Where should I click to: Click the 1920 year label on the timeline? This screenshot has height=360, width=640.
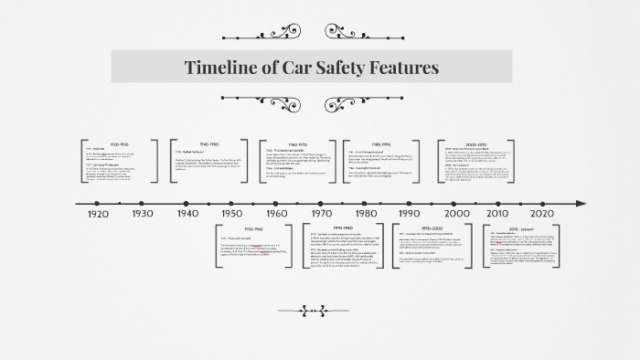(x=99, y=213)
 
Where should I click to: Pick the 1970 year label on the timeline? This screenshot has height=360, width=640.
(x=321, y=213)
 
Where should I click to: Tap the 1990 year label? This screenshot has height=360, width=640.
(x=409, y=213)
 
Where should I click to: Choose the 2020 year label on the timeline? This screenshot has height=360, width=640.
(x=542, y=213)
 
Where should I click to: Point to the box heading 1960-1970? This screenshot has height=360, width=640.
(x=298, y=144)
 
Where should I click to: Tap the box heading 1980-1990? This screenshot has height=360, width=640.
(x=383, y=144)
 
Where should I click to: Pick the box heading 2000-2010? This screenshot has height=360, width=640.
(x=476, y=144)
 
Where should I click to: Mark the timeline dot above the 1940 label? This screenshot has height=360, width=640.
(x=187, y=203)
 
